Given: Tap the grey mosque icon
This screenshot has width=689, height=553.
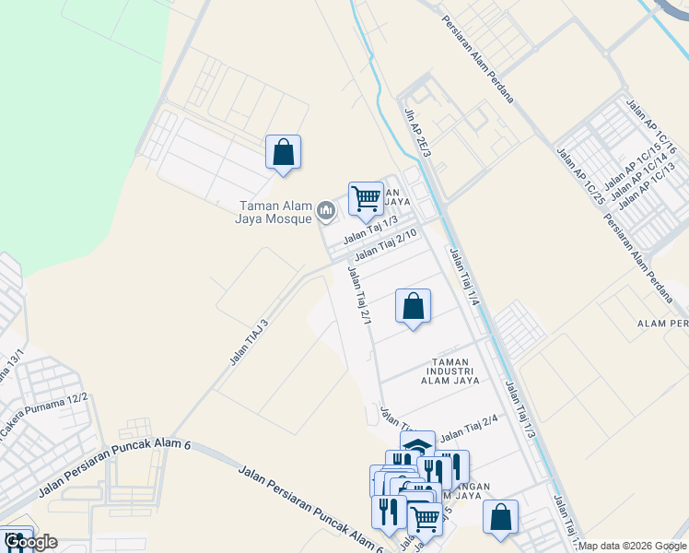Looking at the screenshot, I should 325,212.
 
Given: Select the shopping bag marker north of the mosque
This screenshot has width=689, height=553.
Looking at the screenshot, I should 283,153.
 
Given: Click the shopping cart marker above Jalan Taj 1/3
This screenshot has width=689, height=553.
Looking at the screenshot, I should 366,198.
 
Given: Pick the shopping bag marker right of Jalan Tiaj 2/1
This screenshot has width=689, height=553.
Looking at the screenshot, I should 413,307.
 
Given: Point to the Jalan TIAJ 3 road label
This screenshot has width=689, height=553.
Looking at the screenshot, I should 249,342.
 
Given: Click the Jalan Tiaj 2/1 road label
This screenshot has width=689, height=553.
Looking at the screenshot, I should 359,295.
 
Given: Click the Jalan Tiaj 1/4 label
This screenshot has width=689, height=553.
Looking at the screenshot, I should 464,276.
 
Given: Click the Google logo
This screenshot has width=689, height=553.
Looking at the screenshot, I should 31,542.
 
